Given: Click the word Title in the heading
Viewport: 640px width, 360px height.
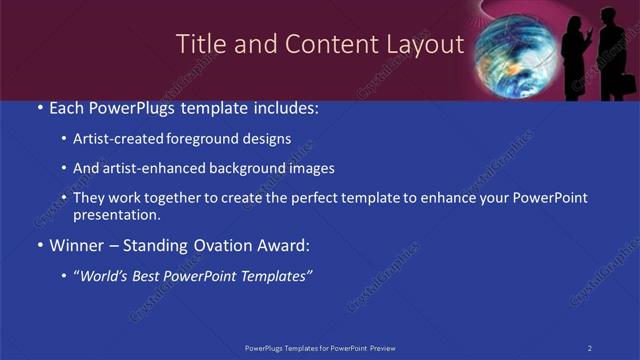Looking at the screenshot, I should (198, 45).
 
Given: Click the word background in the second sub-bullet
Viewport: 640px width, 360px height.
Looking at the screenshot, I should (257, 168).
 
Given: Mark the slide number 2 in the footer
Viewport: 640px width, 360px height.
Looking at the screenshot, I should (590, 347).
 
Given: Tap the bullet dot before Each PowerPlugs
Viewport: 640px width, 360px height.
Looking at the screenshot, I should (39, 107).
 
